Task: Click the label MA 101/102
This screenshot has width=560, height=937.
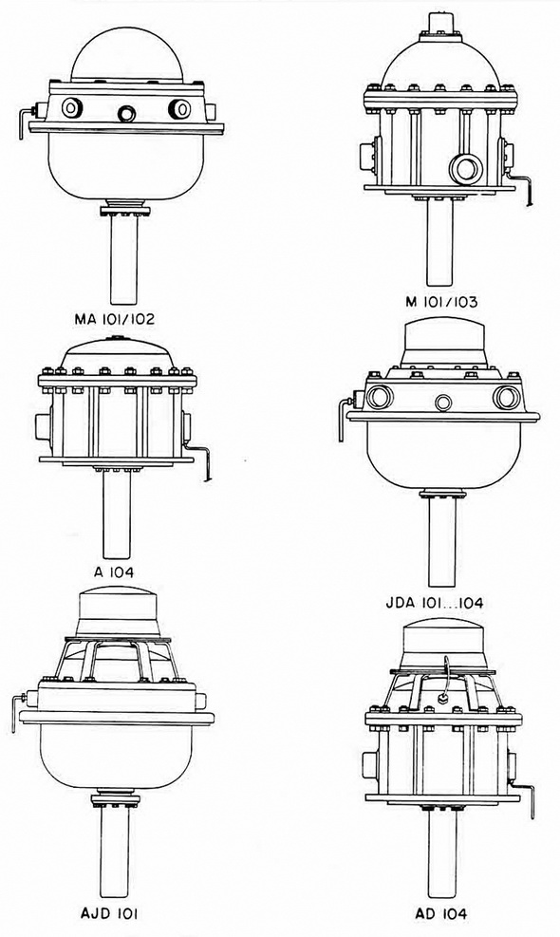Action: pyautogui.click(x=114, y=319)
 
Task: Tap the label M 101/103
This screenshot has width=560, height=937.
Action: pyautogui.click(x=441, y=302)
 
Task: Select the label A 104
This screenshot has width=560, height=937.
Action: pyautogui.click(x=114, y=572)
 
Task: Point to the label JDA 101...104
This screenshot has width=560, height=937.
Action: pyautogui.click(x=434, y=602)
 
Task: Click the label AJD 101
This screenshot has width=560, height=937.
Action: pyautogui.click(x=112, y=913)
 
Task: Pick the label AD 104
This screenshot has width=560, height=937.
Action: pyautogui.click(x=441, y=913)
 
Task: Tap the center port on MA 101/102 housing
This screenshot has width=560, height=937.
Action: pyautogui.click(x=126, y=113)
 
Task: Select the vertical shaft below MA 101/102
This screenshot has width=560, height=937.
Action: pyautogui.click(x=124, y=258)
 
